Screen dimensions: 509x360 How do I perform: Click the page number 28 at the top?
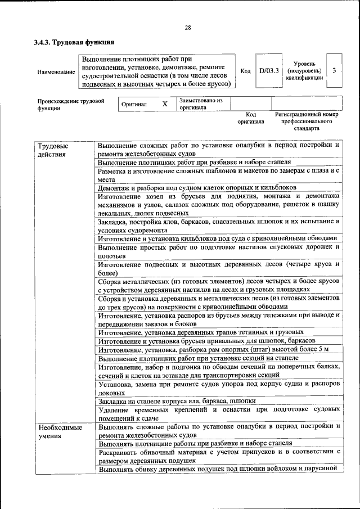pos(188,28)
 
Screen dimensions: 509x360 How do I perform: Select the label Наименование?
pos(56,72)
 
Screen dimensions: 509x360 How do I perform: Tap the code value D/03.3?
pos(269,71)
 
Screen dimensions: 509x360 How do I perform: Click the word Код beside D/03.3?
pos(245,71)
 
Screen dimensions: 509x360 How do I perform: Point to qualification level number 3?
pos(335,71)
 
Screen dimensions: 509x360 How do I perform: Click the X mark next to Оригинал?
pos(165,104)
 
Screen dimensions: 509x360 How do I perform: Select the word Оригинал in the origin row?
pos(134,105)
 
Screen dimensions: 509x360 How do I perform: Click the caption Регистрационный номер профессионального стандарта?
pos(307,121)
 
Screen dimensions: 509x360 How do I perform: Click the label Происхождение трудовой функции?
pos(70,105)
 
